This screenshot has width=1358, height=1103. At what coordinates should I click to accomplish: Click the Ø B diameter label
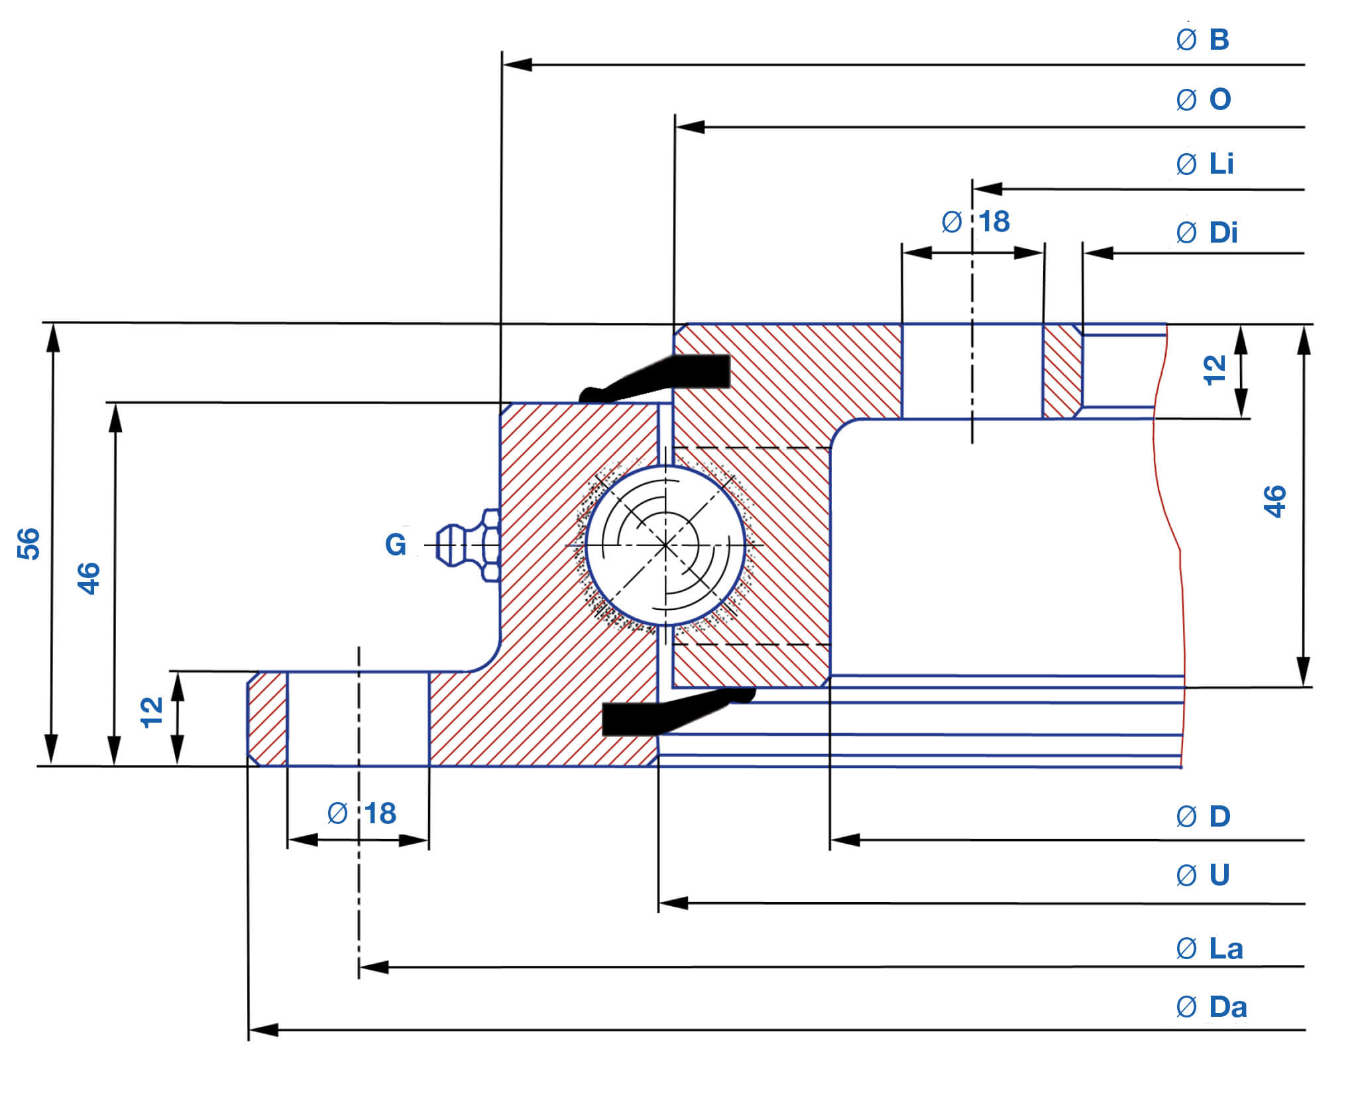[1203, 40]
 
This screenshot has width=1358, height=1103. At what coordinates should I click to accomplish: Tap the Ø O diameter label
[1204, 99]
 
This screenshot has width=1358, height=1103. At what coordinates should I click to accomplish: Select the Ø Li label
[1205, 164]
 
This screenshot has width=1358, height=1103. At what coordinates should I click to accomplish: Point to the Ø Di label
[1206, 233]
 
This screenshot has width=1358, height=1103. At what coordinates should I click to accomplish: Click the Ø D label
[1203, 817]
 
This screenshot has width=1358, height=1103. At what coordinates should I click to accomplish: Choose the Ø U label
[1203, 875]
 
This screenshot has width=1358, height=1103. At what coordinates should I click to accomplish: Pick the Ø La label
[1209, 949]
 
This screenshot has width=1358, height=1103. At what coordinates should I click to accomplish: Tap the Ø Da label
[1211, 1008]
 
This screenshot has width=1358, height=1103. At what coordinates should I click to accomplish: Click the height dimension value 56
[28, 544]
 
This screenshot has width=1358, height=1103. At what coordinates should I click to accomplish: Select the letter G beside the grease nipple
[396, 545]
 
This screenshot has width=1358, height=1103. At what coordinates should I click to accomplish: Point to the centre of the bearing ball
[665, 546]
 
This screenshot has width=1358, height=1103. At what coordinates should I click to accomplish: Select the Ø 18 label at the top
[976, 221]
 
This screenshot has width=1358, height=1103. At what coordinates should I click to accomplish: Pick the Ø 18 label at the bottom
[362, 813]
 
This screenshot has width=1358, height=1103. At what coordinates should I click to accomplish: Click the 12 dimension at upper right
[1215, 371]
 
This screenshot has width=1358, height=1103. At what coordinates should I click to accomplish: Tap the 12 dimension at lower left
[152, 713]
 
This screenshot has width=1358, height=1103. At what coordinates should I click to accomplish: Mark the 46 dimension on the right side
[1274, 502]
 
